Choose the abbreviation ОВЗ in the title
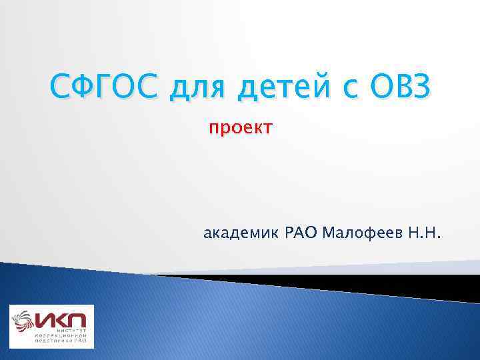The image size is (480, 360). (x=402, y=86)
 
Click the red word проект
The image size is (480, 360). (x=239, y=128)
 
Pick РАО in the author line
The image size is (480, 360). (x=301, y=233)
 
